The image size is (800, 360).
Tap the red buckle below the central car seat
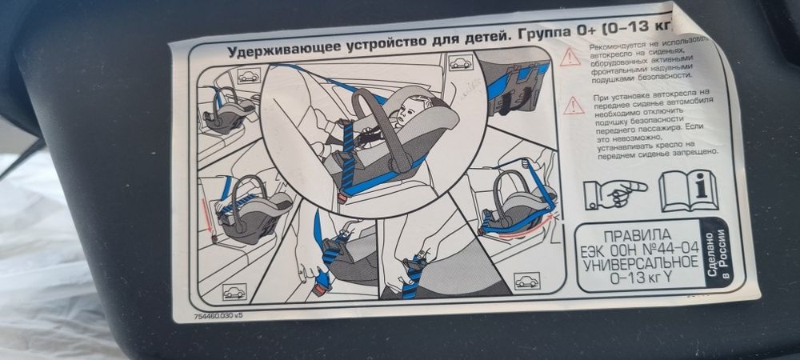[x=342, y=195]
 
